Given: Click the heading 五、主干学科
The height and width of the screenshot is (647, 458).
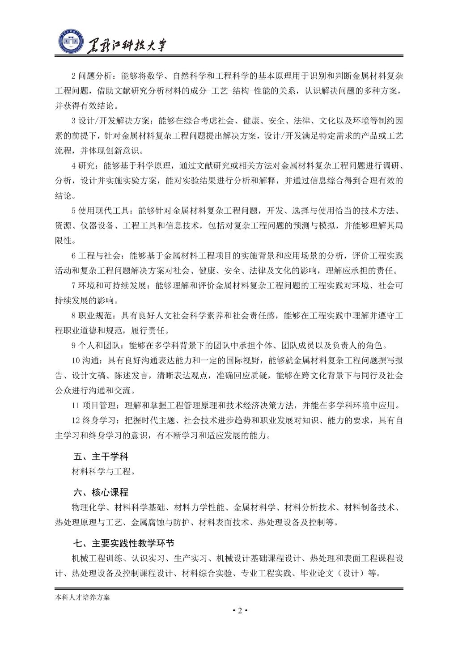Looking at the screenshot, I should (x=101, y=457).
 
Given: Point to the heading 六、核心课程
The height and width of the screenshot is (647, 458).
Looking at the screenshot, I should (x=101, y=493).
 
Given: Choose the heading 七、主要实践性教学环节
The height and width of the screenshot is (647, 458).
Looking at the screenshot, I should (x=124, y=544).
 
